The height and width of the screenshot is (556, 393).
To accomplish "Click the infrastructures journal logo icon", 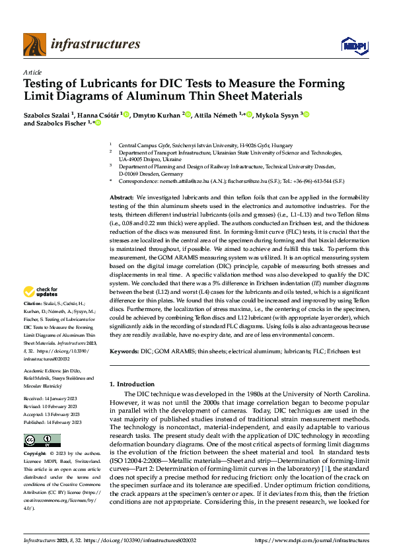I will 34,44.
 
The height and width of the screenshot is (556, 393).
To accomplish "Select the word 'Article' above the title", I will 32,72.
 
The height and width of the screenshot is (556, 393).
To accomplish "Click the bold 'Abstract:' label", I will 122,180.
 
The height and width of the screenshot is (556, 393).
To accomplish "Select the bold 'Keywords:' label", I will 124,352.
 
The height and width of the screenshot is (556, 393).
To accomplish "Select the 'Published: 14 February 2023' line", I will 53,421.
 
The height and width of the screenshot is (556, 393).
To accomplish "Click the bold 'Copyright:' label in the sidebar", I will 35,454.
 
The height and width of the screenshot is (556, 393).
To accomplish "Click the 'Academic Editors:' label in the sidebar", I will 42,372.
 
